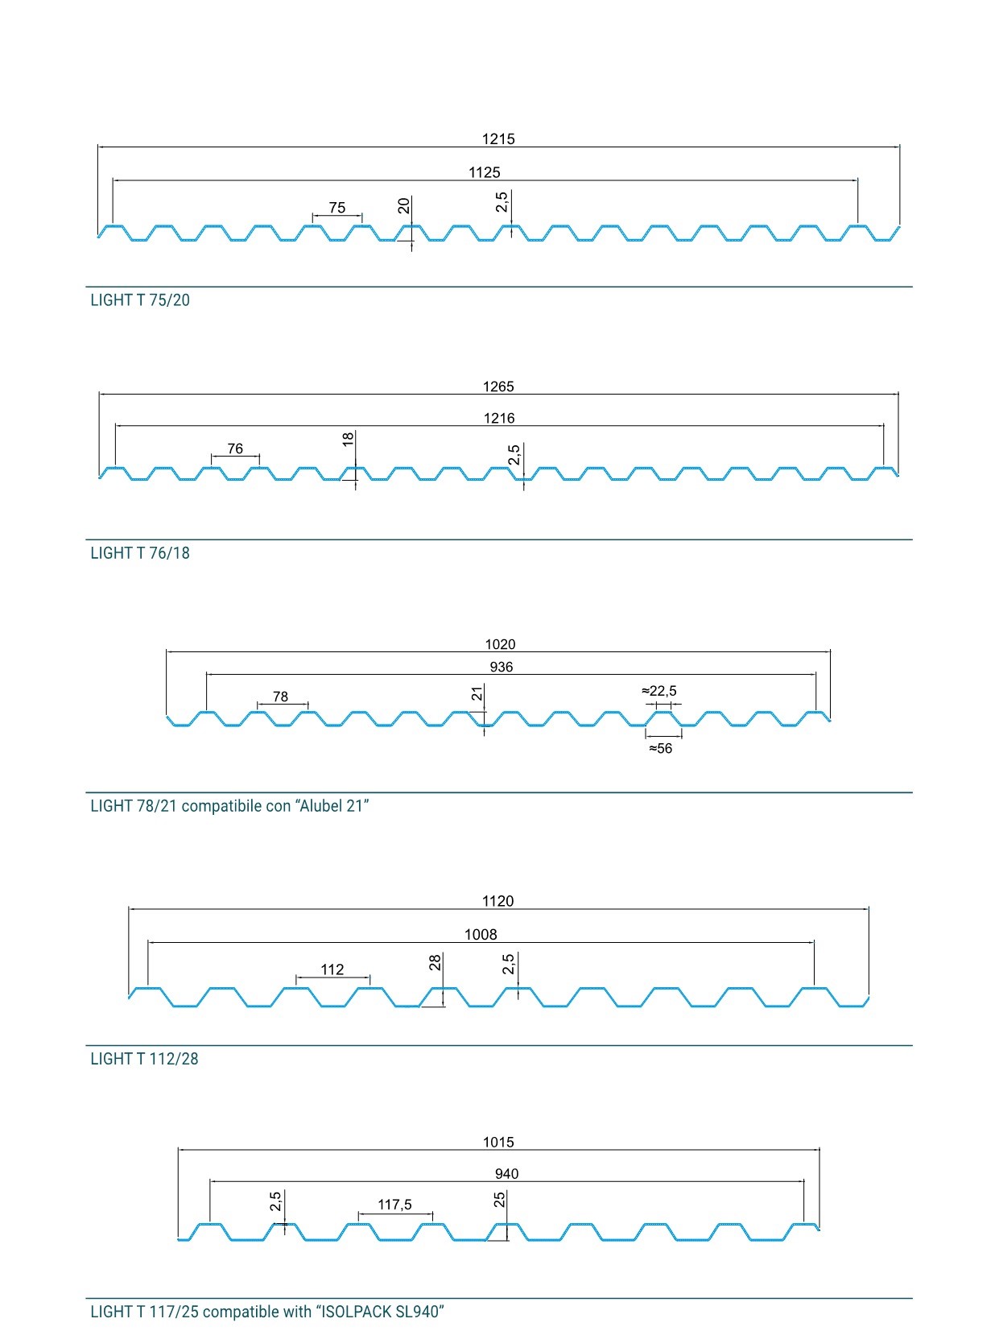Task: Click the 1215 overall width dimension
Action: coord(498,138)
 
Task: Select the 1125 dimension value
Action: coord(485,172)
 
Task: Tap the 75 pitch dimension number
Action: coord(337,208)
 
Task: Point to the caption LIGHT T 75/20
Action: coord(140,300)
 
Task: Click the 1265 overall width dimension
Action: coord(498,386)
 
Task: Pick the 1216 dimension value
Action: coord(499,418)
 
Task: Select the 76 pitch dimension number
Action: coord(235,448)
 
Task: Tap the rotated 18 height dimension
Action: coord(348,440)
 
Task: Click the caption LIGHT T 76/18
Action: coord(140,553)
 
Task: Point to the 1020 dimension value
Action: coord(500,644)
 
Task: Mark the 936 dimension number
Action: coord(502,667)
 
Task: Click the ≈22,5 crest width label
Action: coord(659,691)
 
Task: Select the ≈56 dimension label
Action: coord(661,748)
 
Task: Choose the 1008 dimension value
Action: coord(481,934)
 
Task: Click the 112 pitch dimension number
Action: coord(332,969)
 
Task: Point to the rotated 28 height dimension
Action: coord(435,963)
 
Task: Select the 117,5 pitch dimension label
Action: coord(394,1205)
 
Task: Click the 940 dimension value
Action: coord(507,1173)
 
